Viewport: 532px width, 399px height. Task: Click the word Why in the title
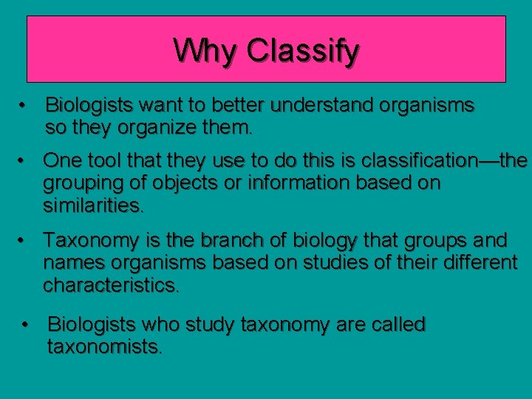(x=206, y=50)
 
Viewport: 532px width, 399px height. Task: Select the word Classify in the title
(x=304, y=52)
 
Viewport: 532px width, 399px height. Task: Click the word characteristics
(x=111, y=284)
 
